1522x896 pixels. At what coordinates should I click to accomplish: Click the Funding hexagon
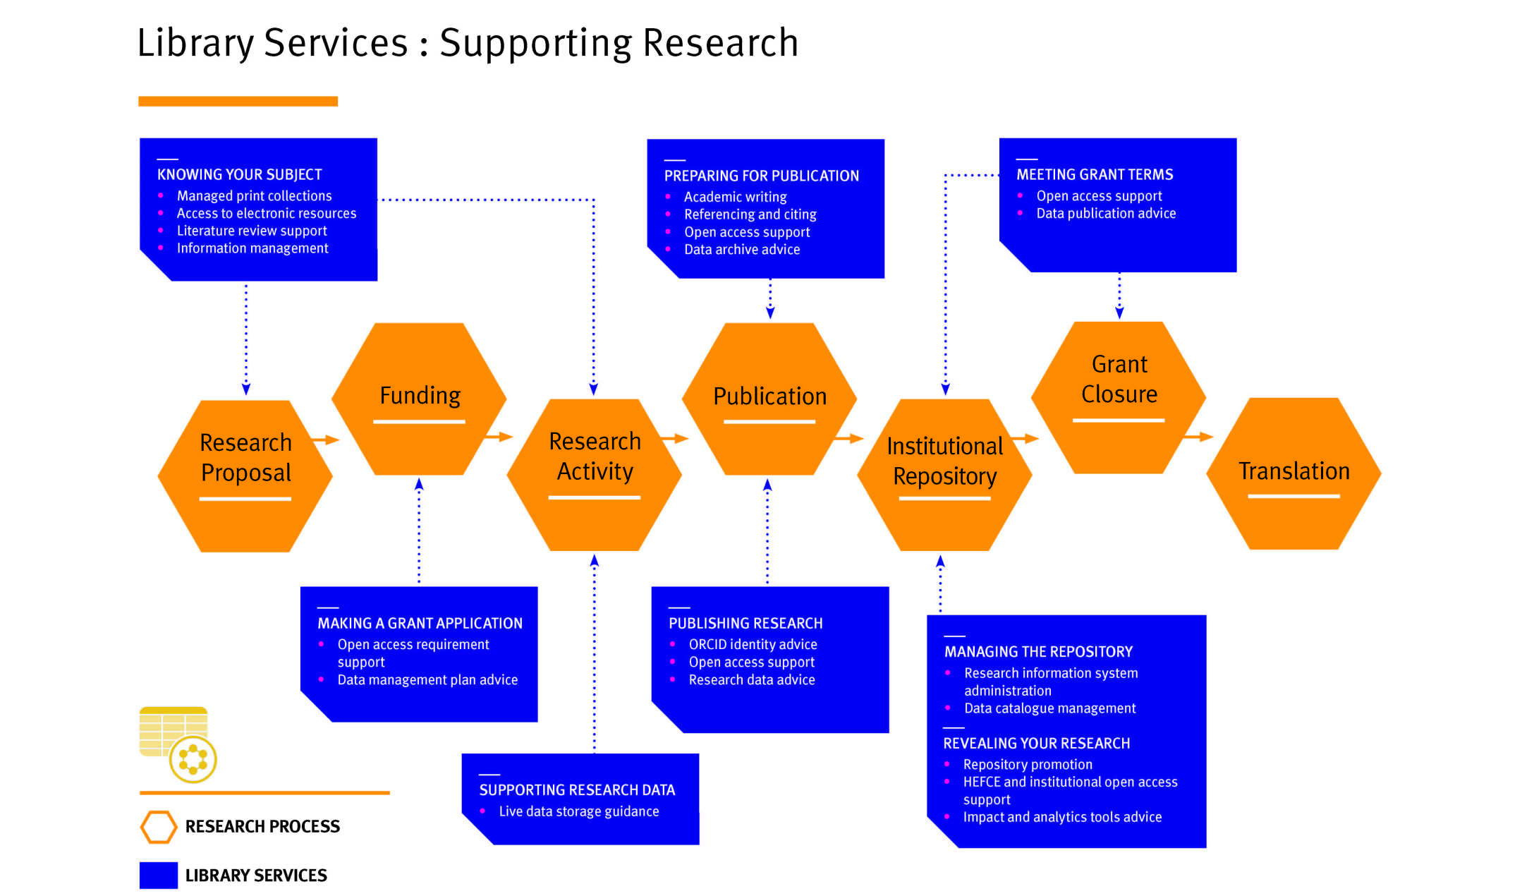pyautogui.click(x=419, y=399)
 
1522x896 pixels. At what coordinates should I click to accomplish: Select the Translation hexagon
pyautogui.click(x=1293, y=473)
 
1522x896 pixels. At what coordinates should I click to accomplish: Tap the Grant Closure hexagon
pyautogui.click(x=1119, y=396)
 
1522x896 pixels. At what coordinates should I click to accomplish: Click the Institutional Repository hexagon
pyautogui.click(x=944, y=474)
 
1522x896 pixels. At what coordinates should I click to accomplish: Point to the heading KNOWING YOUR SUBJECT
pyautogui.click(x=239, y=174)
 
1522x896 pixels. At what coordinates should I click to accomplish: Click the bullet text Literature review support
pyautogui.click(x=252, y=231)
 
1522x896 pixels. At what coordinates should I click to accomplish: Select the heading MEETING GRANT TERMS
pyautogui.click(x=1095, y=174)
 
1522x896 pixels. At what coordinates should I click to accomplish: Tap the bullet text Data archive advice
pyautogui.click(x=742, y=249)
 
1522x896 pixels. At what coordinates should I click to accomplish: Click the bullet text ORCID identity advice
pyautogui.click(x=753, y=644)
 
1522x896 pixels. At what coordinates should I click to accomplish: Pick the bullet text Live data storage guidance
pyautogui.click(x=579, y=811)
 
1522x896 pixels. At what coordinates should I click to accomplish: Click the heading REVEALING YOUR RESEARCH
pyautogui.click(x=1036, y=743)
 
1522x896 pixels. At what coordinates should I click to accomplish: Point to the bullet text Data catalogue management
pyautogui.click(x=1049, y=708)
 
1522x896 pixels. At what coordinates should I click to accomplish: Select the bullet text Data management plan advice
pyautogui.click(x=427, y=679)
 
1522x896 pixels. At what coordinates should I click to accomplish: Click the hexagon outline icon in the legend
pyautogui.click(x=159, y=827)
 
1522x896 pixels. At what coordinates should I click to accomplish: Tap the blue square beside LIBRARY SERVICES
pyautogui.click(x=159, y=876)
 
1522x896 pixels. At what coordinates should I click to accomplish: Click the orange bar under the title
pyautogui.click(x=238, y=102)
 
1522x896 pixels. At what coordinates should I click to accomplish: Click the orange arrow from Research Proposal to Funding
pyautogui.click(x=325, y=440)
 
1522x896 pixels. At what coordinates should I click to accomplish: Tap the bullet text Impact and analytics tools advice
pyautogui.click(x=1062, y=817)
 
